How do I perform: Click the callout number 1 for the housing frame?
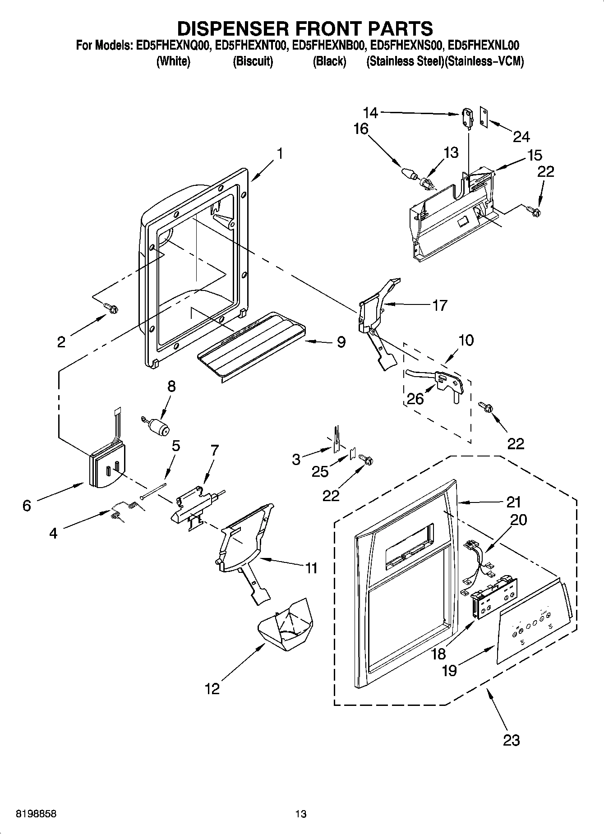(280, 154)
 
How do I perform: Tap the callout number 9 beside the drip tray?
(341, 342)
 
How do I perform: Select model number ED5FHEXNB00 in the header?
(328, 46)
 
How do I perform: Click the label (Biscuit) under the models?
(253, 62)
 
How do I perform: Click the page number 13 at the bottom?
(301, 814)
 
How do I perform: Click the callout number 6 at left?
(27, 506)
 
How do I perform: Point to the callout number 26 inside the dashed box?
(415, 399)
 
